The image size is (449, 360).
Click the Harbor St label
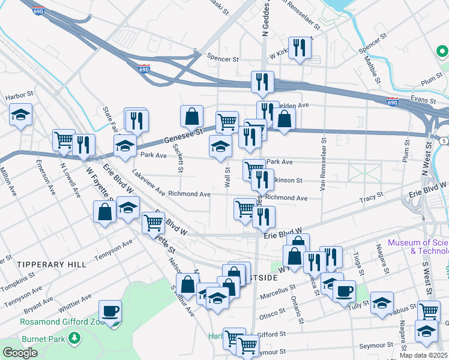point(17,97)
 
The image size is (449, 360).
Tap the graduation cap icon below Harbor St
point(21,115)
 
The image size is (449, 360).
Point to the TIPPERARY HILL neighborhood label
point(45,264)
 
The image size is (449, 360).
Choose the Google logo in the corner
point(20,353)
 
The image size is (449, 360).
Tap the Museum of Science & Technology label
point(418,247)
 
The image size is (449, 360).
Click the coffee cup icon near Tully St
point(343,292)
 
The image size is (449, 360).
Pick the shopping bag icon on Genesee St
point(192,116)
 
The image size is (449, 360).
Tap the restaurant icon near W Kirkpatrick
point(300,48)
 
